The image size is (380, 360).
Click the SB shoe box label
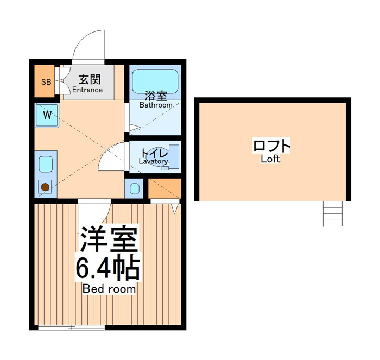point(46,82)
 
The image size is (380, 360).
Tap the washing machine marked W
point(47,116)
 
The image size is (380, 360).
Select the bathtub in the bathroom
point(155,81)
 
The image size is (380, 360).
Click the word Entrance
point(87,90)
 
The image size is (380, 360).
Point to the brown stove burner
point(45,187)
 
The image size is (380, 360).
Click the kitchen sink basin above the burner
point(46,164)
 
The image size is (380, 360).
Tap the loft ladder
point(333,213)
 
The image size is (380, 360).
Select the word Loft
point(270,159)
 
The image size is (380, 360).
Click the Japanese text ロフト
point(271,146)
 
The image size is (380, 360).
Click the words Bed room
point(109,289)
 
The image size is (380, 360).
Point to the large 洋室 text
point(109,239)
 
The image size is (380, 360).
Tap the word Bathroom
point(156,105)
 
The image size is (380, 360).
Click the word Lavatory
point(153,161)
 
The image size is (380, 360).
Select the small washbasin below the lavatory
point(134,188)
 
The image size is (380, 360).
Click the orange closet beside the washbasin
point(164,188)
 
